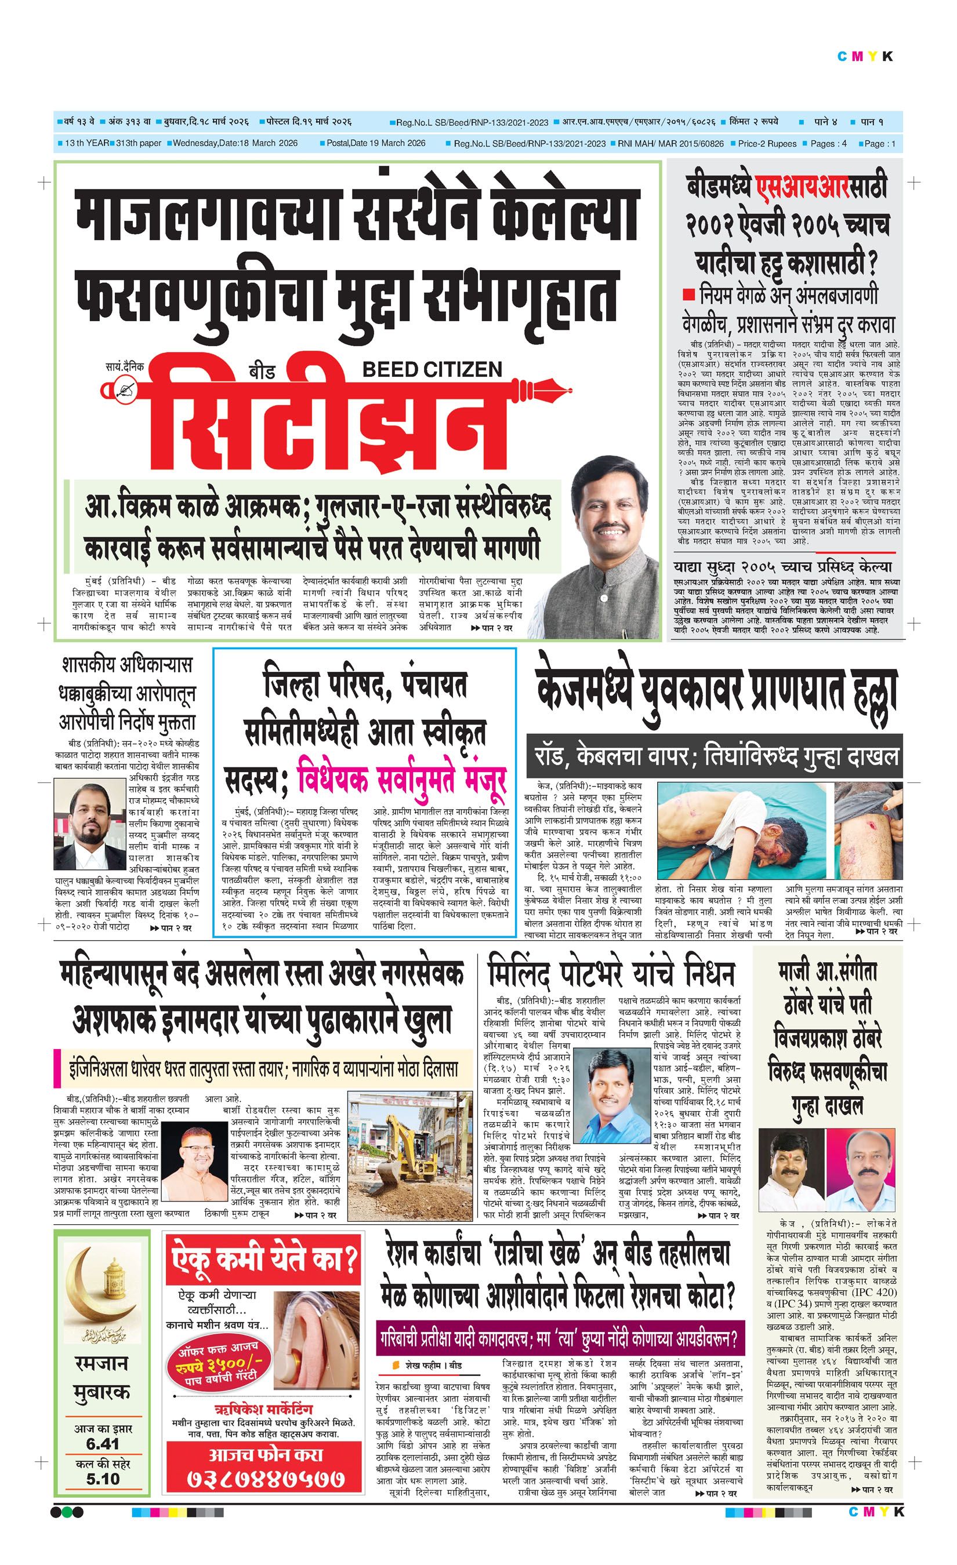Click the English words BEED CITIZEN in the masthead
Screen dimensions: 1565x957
click(432, 370)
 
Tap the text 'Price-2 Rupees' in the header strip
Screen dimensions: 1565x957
click(766, 144)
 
